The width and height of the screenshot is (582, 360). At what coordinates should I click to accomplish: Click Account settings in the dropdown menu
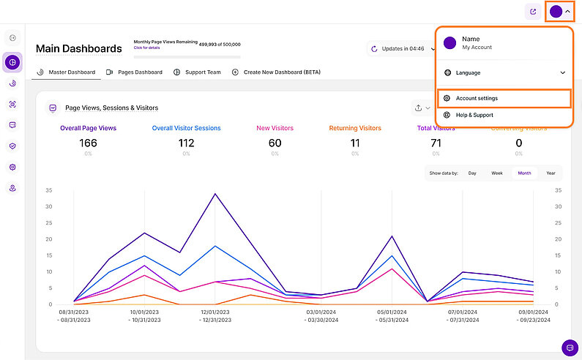pos(477,98)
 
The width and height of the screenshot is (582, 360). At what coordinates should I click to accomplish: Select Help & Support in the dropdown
pos(474,115)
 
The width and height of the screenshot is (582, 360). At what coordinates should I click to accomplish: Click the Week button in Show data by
pos(497,173)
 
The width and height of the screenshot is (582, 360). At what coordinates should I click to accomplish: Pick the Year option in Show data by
pos(551,173)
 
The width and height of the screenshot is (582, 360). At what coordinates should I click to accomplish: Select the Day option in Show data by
pos(472,173)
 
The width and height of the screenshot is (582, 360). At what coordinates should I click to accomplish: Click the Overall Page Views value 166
pos(88,143)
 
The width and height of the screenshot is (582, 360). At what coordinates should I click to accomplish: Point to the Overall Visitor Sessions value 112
pos(186,143)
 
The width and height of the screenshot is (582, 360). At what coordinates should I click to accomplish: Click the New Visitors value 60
pos(275,143)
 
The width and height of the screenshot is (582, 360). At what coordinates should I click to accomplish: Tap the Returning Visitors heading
pos(355,128)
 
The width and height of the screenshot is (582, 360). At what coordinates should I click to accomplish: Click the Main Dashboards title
pos(79,49)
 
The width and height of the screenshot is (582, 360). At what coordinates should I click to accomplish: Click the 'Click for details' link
pos(148,48)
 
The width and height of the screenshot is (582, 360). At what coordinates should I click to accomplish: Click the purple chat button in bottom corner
pos(570,348)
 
